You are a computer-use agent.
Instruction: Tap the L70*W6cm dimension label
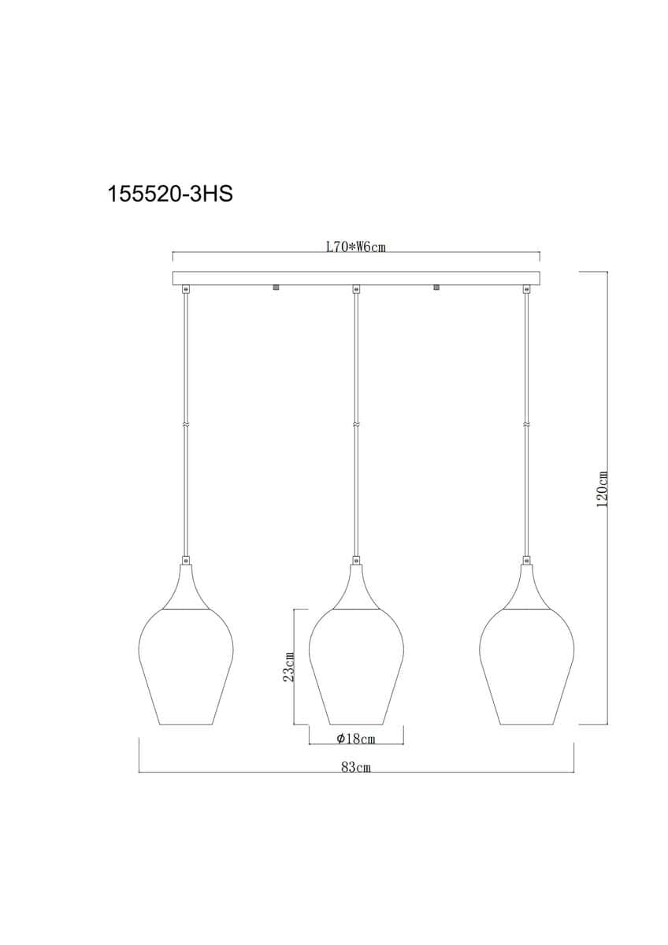(x=356, y=246)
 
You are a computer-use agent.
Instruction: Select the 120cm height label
(x=602, y=488)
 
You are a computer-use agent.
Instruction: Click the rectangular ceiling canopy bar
(x=356, y=278)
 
